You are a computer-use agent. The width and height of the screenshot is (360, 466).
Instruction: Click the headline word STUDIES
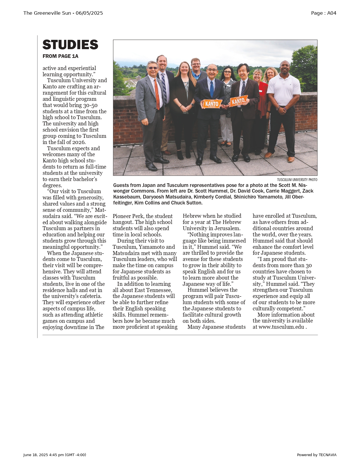click(x=70, y=45)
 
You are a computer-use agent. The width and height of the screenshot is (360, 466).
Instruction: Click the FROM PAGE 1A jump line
click(x=60, y=56)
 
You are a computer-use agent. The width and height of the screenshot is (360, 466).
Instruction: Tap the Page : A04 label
click(x=324, y=13)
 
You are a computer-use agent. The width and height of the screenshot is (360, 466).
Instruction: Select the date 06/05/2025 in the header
click(x=89, y=13)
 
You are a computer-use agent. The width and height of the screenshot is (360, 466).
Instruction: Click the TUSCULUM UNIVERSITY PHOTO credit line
click(x=297, y=180)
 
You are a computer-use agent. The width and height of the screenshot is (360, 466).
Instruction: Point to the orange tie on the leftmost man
click(x=157, y=93)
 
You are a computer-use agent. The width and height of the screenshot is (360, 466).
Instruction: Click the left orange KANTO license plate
click(x=212, y=104)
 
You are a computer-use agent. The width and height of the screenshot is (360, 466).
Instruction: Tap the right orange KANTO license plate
click(x=239, y=101)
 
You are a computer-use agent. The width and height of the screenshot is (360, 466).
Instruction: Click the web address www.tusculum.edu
click(x=281, y=327)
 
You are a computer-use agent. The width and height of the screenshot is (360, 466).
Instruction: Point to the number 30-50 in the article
click(x=90, y=105)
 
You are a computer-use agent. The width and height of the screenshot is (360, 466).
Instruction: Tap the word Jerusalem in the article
click(x=227, y=228)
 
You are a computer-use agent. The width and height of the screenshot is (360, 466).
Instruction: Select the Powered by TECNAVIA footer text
click(x=317, y=455)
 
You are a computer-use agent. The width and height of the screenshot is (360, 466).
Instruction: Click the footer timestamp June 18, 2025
click(x=36, y=455)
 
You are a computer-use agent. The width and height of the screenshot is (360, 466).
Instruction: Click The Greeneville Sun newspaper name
click(x=47, y=13)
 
